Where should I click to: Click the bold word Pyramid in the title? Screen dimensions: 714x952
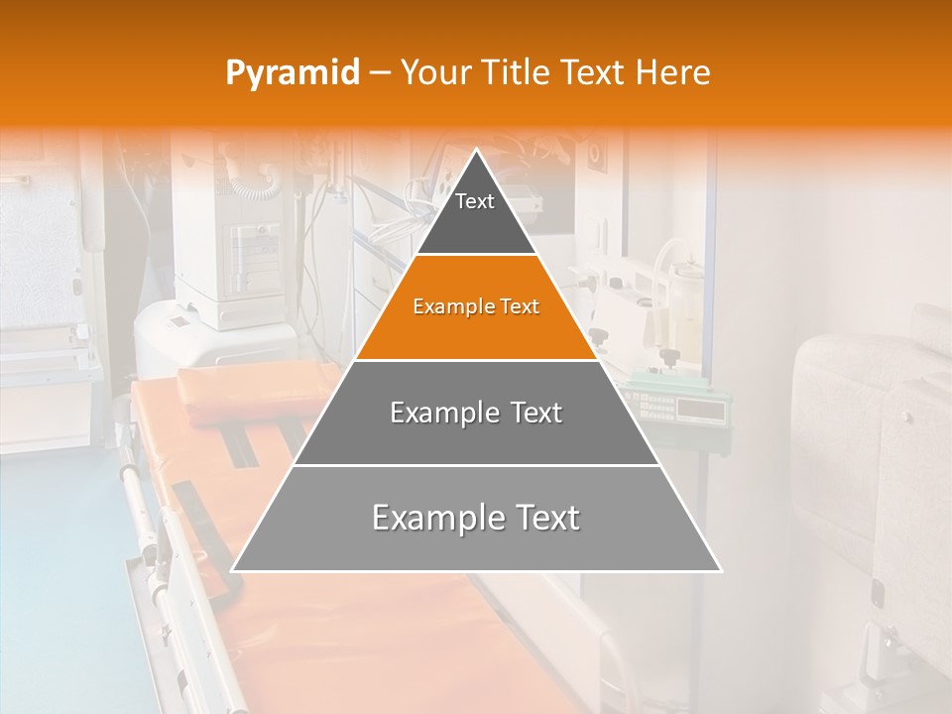293,73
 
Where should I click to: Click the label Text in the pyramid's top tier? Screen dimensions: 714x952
475,201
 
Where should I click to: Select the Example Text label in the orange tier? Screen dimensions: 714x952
476,306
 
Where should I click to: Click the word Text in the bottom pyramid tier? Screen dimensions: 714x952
540,518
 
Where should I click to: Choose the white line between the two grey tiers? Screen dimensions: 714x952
476,465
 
